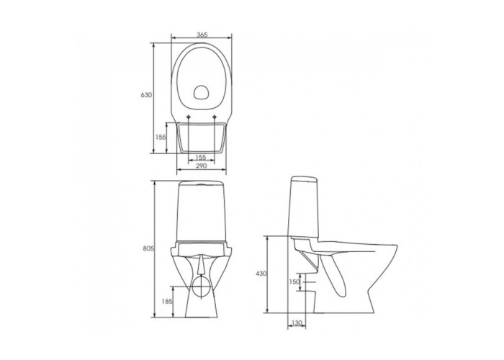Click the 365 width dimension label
pos(202,35)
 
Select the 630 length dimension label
pos(145,95)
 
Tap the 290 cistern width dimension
pos(201,166)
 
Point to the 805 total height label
pos(149,248)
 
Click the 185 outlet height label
pos(168,302)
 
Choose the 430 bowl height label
pos(261,274)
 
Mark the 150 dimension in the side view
pos(294,282)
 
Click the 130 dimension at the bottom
pos(297,323)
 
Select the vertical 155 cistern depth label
pos(161,138)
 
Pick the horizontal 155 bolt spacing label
pos(201,158)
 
